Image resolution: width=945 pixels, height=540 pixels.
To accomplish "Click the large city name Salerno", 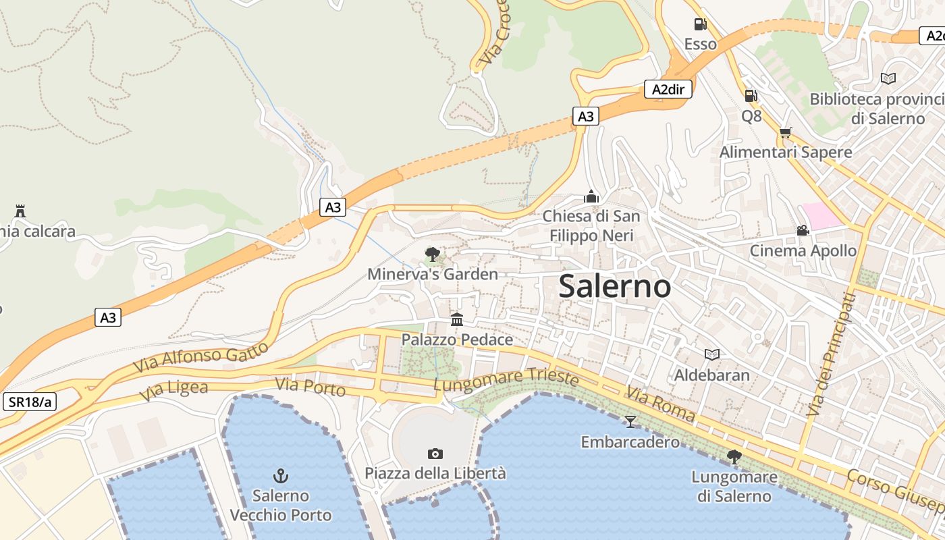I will click(615, 286).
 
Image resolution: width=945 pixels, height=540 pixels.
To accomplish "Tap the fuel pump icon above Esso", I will click(701, 25).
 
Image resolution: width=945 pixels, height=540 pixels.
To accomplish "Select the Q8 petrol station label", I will click(751, 116).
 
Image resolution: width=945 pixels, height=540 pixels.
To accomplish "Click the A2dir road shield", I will click(668, 89).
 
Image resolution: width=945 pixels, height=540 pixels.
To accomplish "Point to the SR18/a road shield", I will click(30, 402).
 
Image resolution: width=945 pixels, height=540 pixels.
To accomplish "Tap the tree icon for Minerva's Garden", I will click(432, 254).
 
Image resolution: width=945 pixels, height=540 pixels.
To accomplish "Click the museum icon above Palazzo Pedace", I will click(457, 319).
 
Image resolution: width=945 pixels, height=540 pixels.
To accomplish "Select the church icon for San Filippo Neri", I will click(591, 196).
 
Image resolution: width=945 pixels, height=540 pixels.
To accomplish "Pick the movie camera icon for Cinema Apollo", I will click(803, 231).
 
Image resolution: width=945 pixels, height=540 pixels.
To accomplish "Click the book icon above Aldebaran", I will click(711, 354).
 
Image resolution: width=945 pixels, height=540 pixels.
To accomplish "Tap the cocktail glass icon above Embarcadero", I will click(630, 422).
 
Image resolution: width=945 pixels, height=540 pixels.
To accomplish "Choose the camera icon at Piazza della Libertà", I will click(435, 454).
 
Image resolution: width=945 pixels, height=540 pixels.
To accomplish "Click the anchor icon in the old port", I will click(281, 476).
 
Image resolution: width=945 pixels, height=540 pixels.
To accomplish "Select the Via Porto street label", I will click(310, 387).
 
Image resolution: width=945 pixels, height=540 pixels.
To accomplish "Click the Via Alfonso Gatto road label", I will click(201, 356).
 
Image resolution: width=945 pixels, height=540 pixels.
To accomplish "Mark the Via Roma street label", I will click(659, 404).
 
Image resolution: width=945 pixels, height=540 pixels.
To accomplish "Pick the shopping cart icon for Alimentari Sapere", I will click(785, 132).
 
